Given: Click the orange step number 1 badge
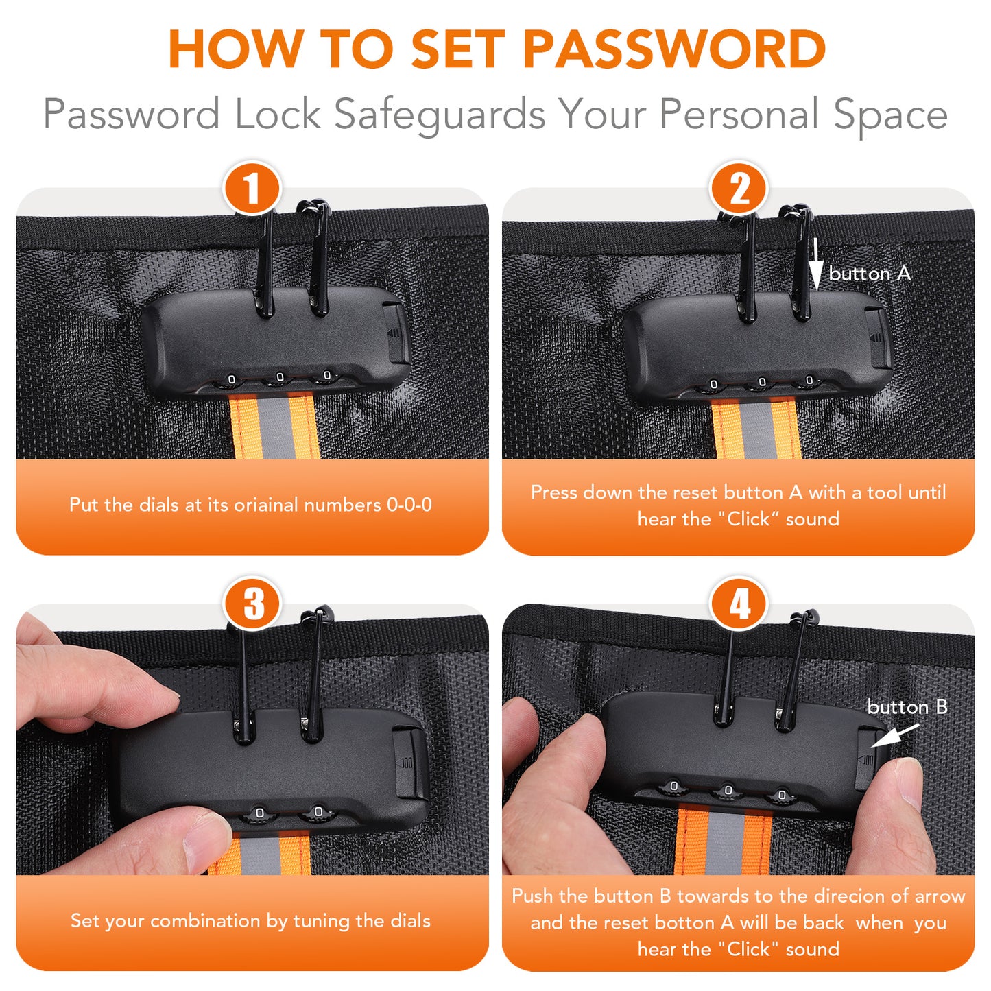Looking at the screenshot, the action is tap(252, 188).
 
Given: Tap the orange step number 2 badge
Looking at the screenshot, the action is tap(739, 188).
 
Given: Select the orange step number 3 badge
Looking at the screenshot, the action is tap(252, 604).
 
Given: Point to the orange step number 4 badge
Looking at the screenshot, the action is tap(739, 604).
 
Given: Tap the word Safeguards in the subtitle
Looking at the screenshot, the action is tap(440, 114).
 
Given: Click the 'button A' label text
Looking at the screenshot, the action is tap(869, 274).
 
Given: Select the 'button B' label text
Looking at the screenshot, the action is tap(907, 706).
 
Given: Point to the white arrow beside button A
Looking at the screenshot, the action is tap(815, 265).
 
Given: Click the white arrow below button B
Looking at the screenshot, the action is tap(896, 735).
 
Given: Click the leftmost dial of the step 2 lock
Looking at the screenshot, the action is tap(713, 385).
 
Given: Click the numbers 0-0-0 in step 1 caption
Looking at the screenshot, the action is tap(409, 505).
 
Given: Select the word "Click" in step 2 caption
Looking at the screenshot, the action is tap(748, 518).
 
